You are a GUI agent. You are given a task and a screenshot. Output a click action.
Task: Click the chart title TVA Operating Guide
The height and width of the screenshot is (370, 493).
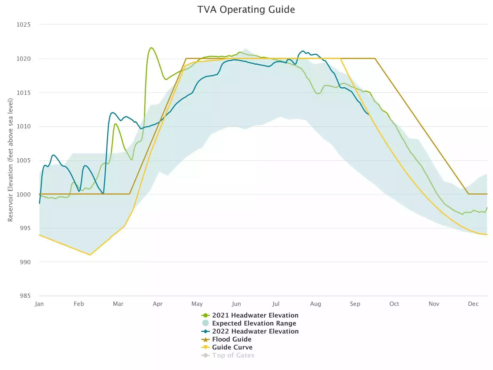pos(246,10)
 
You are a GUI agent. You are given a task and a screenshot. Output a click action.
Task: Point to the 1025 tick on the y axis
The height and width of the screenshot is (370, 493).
pos(23,25)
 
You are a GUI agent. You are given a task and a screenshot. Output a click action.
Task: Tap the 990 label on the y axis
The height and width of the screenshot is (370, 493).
pos(25,262)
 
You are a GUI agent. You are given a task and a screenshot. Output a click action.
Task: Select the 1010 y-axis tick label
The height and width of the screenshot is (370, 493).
pos(23,127)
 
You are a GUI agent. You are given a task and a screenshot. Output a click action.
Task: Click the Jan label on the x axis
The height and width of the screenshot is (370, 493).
pos(39,304)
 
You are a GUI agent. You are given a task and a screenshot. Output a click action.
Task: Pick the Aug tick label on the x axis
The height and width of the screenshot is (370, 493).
pos(315,304)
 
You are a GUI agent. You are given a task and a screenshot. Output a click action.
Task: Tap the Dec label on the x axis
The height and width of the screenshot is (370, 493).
pos(473,304)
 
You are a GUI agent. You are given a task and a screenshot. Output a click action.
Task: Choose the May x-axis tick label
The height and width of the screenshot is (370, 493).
pos(197,304)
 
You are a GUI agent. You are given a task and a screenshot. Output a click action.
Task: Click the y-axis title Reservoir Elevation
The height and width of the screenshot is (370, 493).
pos(10,160)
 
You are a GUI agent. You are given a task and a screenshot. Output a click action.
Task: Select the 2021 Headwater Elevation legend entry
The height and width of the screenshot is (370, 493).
pos(255,315)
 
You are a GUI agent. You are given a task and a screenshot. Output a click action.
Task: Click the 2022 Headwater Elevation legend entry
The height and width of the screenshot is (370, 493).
pos(255,331)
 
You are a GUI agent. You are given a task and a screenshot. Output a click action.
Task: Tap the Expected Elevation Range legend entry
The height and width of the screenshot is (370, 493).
pos(254,323)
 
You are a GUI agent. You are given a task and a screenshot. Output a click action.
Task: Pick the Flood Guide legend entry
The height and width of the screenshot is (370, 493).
pos(232,339)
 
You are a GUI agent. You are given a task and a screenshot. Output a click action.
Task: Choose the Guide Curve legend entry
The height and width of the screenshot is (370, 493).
pos(232,347)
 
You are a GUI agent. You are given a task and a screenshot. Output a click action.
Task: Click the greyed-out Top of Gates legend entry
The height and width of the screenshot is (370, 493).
pos(233,355)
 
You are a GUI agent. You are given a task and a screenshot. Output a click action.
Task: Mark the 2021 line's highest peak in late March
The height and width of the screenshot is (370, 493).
pos(151,48)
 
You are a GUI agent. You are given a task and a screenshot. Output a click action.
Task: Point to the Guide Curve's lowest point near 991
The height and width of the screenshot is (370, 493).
pos(90,255)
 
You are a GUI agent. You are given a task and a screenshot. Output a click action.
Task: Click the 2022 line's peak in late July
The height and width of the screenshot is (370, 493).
pos(303,51)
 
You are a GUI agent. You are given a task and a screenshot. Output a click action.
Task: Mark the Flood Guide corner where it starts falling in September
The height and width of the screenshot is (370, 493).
pos(375,58)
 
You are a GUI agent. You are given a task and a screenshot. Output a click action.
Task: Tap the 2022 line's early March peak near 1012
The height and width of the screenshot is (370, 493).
pos(112,112)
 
